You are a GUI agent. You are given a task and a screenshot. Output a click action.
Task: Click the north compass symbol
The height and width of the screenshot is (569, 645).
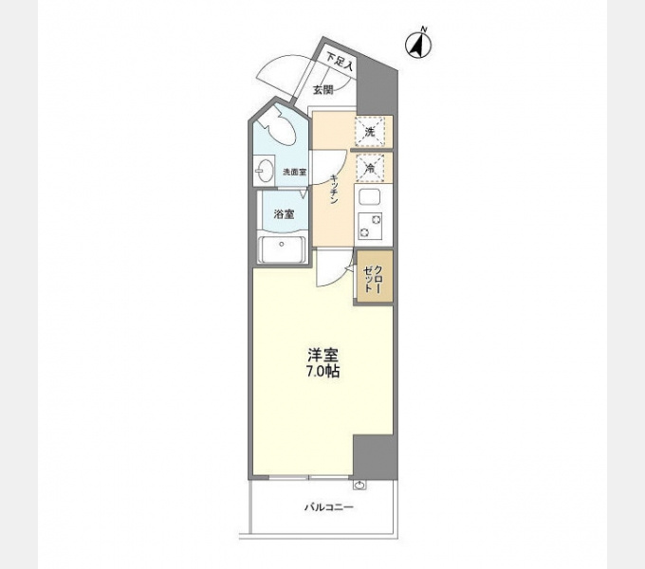tap(418, 45)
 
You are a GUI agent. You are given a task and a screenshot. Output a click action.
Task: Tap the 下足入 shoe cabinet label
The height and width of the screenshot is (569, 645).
tap(340, 62)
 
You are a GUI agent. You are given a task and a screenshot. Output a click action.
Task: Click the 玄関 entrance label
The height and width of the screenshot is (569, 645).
tap(322, 90)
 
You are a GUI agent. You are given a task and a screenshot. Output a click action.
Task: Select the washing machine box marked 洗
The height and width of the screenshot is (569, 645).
tap(370, 132)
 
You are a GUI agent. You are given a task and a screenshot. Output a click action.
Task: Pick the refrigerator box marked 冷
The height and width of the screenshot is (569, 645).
tap(370, 168)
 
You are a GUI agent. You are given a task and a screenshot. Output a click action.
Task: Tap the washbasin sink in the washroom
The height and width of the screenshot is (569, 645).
tap(264, 170)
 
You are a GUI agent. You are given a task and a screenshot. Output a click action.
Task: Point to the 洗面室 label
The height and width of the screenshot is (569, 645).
tap(294, 172)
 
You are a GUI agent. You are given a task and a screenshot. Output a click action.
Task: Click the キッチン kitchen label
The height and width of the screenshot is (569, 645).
tap(335, 190)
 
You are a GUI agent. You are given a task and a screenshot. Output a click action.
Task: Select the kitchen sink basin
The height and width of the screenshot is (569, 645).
tap(369, 197)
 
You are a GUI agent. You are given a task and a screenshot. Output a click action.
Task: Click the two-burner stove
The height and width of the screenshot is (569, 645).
tap(369, 226)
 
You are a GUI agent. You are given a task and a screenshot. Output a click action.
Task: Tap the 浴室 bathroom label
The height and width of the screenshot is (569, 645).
tap(284, 214)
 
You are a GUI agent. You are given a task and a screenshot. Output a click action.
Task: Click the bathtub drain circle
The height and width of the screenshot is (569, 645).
tap(282, 245)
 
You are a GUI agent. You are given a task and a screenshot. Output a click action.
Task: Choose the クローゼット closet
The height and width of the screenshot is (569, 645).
tap(374, 277)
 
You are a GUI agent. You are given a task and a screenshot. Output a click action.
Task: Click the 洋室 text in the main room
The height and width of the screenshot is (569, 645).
tap(322, 355)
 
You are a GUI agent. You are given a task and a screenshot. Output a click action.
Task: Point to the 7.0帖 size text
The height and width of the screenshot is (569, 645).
tap(322, 371)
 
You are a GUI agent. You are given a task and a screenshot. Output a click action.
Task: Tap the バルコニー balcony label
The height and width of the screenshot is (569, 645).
tap(329, 507)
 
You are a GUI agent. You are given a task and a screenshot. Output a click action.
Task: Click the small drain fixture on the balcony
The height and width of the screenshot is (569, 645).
tap(359, 486)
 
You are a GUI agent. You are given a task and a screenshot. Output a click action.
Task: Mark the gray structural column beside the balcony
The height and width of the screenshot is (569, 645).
tap(376, 456)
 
